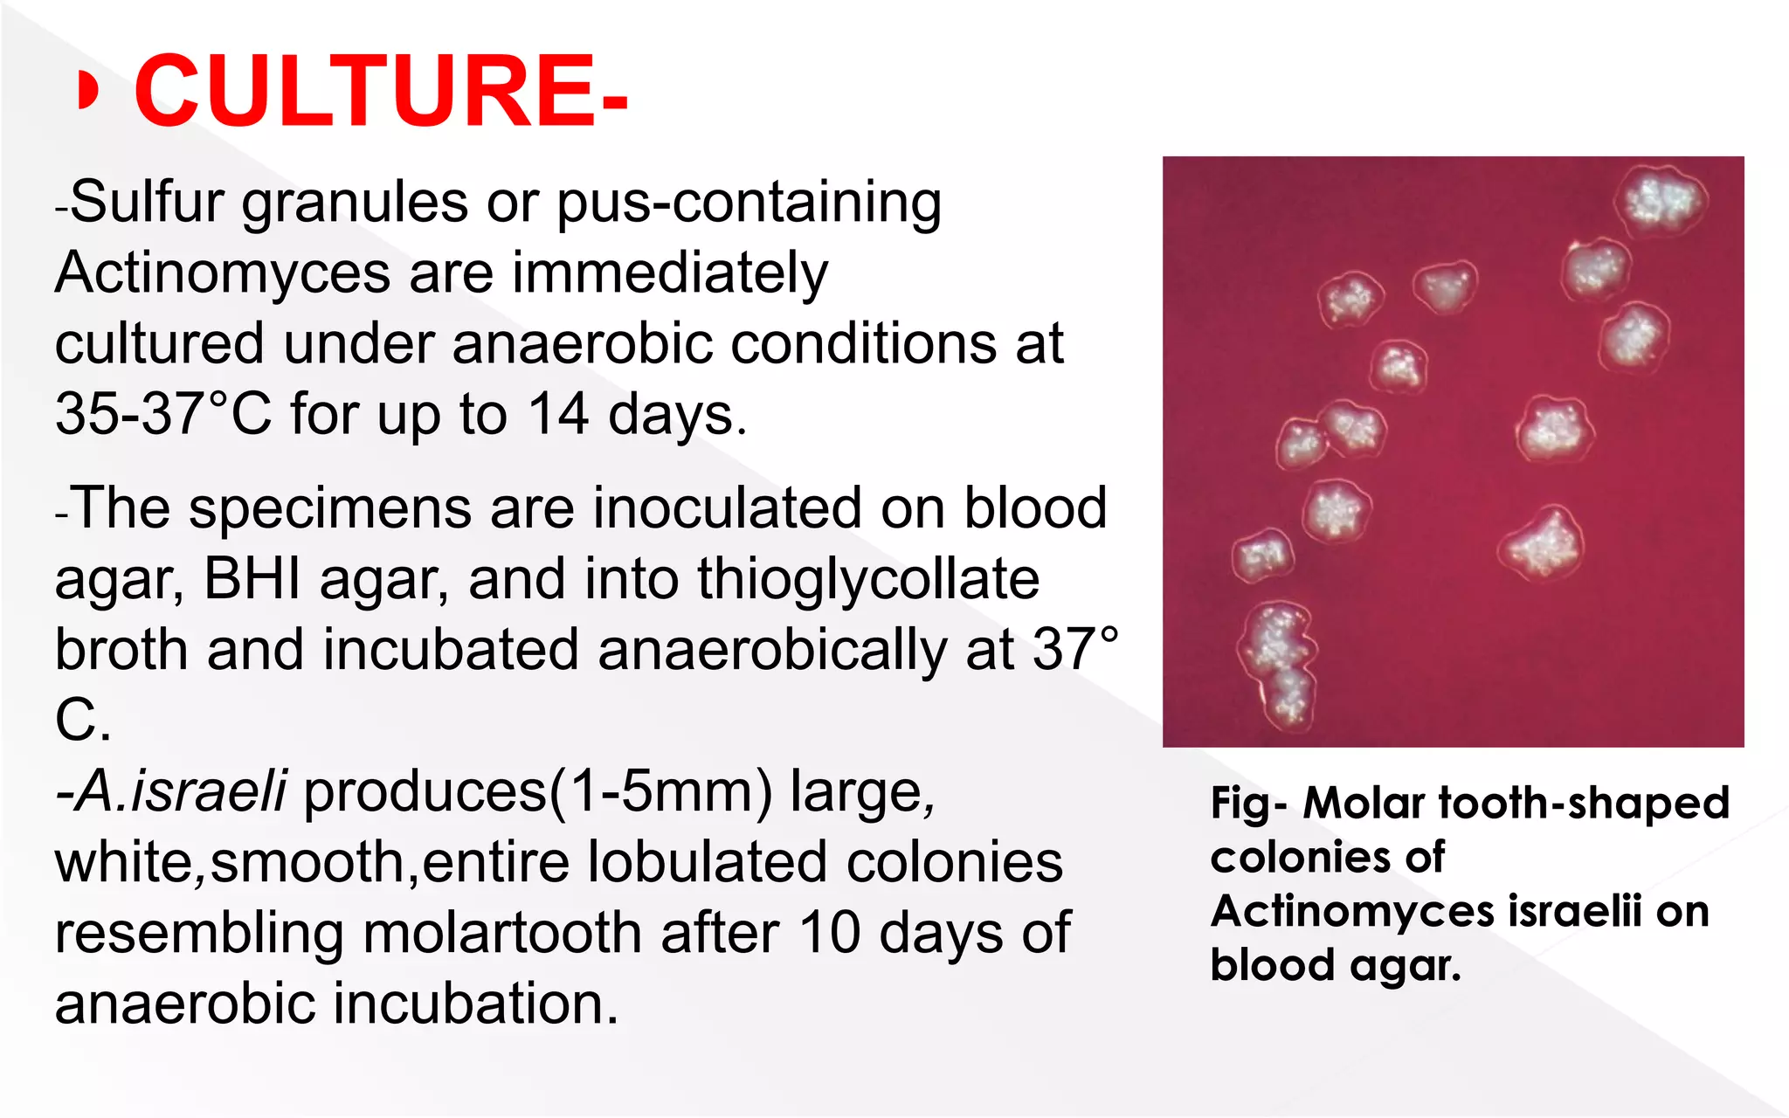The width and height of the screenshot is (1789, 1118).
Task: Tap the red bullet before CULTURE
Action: pos(86,91)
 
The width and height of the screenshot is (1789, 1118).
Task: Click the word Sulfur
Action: pos(149,203)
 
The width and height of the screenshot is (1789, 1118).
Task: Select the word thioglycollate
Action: pos(868,578)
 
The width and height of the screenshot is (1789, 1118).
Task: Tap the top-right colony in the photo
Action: pos(1664,201)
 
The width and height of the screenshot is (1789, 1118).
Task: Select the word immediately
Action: pos(670,273)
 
